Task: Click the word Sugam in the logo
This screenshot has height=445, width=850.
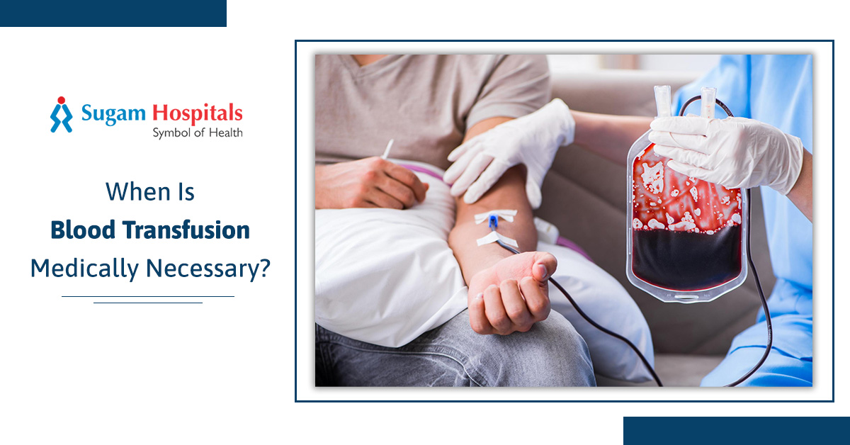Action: click(x=113, y=113)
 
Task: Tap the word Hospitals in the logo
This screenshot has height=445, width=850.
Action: click(x=198, y=113)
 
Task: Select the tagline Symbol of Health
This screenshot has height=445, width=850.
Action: click(x=198, y=133)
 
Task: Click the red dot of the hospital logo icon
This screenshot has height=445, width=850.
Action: click(x=62, y=100)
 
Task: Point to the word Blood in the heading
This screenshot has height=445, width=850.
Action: click(x=83, y=230)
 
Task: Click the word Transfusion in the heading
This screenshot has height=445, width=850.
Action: click(x=186, y=230)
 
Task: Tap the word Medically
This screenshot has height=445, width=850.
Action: click(x=84, y=269)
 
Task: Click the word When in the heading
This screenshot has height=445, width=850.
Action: click(x=137, y=192)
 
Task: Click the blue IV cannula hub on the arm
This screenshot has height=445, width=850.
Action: click(x=493, y=222)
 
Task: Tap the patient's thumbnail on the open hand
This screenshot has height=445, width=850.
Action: click(x=542, y=271)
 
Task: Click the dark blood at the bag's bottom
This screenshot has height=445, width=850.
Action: click(x=687, y=258)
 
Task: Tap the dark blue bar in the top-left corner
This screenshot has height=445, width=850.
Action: click(x=113, y=13)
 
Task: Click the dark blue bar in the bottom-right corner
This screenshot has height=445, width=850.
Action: click(x=737, y=431)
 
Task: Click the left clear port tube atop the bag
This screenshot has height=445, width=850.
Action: click(x=662, y=101)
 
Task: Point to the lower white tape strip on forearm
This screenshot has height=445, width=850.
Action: click(x=497, y=240)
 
